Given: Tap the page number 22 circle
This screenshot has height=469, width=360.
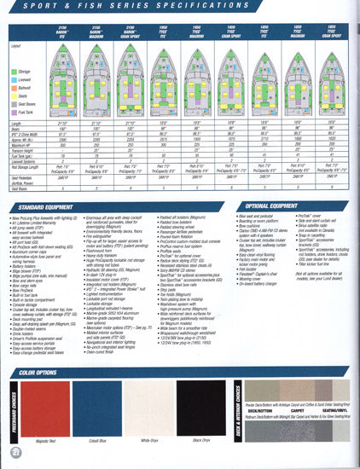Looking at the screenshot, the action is pos(14,450).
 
